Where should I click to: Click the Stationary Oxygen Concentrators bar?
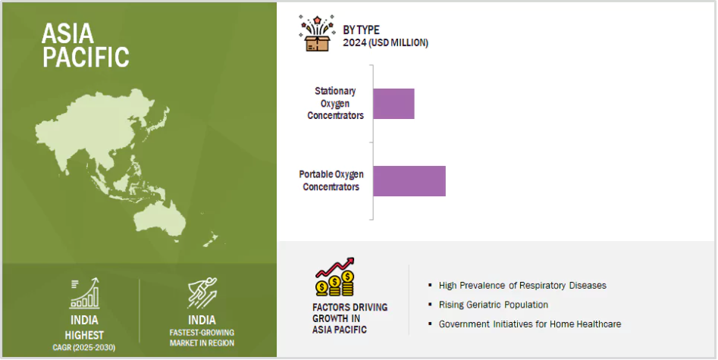tap(393, 104)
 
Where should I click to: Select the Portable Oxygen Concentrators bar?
tap(409, 181)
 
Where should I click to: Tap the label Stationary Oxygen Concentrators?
tap(335, 103)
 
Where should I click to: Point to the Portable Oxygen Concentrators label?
tap(331, 180)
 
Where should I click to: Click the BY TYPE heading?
tap(362, 30)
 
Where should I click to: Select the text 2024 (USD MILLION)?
tap(386, 43)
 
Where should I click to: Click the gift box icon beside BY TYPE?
tap(316, 33)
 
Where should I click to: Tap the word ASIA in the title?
tap(67, 33)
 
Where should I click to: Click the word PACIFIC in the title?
tap(86, 57)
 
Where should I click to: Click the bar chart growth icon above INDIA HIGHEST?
tap(84, 293)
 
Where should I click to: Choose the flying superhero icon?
tap(202, 293)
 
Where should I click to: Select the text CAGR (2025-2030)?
tap(84, 348)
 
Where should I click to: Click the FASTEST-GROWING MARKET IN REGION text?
tap(202, 338)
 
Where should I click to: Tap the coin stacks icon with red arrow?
tap(334, 277)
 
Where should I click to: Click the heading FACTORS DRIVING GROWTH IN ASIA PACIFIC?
tap(350, 318)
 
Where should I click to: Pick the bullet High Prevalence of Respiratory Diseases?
tap(522, 285)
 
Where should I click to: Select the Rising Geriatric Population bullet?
tap(493, 305)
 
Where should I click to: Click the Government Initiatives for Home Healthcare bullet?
tap(530, 324)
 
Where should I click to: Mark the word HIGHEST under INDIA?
tap(84, 335)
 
